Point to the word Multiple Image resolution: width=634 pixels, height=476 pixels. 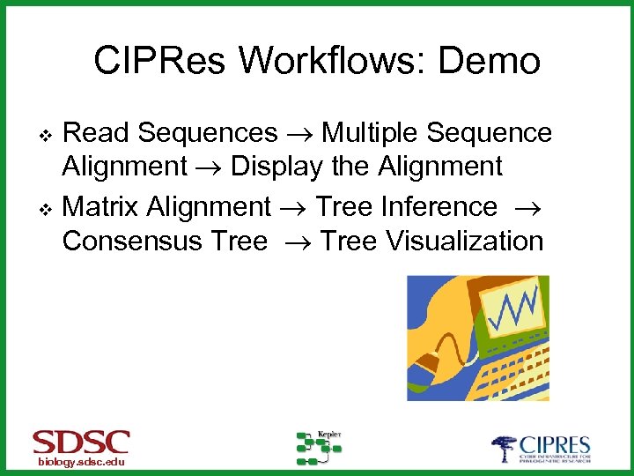tap(370, 133)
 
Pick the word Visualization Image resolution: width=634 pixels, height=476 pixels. tap(468, 241)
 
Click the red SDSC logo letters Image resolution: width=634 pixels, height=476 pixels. tap(81, 442)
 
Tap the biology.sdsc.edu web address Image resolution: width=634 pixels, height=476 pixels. tap(81, 463)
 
